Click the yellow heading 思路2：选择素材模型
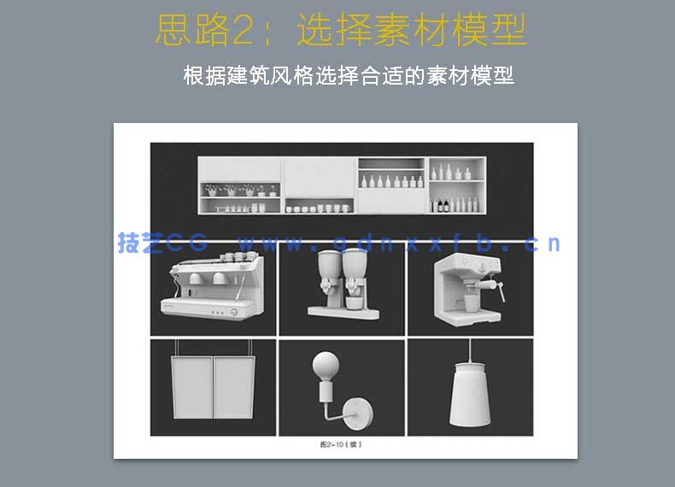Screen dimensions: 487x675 340,32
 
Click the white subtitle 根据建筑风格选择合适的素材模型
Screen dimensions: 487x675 349,75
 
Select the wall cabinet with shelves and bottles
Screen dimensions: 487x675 342,185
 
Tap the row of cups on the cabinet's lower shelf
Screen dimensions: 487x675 318,208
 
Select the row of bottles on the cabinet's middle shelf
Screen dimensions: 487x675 391,181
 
